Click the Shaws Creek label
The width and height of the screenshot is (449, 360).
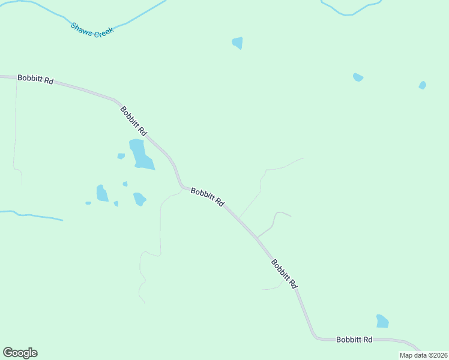click(x=92, y=29)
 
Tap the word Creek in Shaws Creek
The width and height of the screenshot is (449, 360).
click(x=103, y=31)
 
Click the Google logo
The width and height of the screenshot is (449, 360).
click(x=20, y=353)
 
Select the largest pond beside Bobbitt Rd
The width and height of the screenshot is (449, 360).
click(x=141, y=154)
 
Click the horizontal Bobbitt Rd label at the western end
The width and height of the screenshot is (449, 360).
click(x=35, y=79)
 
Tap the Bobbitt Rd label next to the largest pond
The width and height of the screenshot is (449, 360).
click(x=133, y=121)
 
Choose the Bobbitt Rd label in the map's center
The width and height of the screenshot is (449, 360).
click(x=207, y=197)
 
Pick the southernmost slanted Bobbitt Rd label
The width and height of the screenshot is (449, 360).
click(x=283, y=274)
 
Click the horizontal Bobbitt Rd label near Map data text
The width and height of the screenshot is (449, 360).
click(x=354, y=340)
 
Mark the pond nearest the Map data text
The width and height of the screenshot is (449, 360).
click(x=382, y=322)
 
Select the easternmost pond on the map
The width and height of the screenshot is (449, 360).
click(x=423, y=85)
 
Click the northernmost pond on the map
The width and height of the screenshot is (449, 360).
click(x=238, y=43)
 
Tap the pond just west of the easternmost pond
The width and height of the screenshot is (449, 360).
click(x=358, y=77)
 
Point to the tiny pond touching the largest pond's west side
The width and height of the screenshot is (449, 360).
click(x=121, y=156)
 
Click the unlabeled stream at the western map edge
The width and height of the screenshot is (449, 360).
click(x=30, y=215)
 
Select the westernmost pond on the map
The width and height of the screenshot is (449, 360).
click(x=88, y=203)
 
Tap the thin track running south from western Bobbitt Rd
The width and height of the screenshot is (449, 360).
click(x=15, y=132)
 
